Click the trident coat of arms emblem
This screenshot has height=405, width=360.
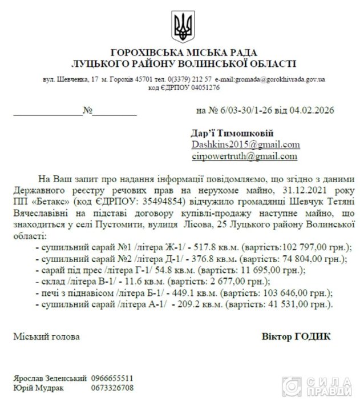[x=183, y=25]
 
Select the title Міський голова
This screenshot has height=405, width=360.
[x=39, y=336]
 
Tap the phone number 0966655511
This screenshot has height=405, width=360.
[x=112, y=379]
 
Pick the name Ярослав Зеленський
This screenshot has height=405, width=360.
[x=49, y=379]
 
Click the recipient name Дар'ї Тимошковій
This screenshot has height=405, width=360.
[x=225, y=132]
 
